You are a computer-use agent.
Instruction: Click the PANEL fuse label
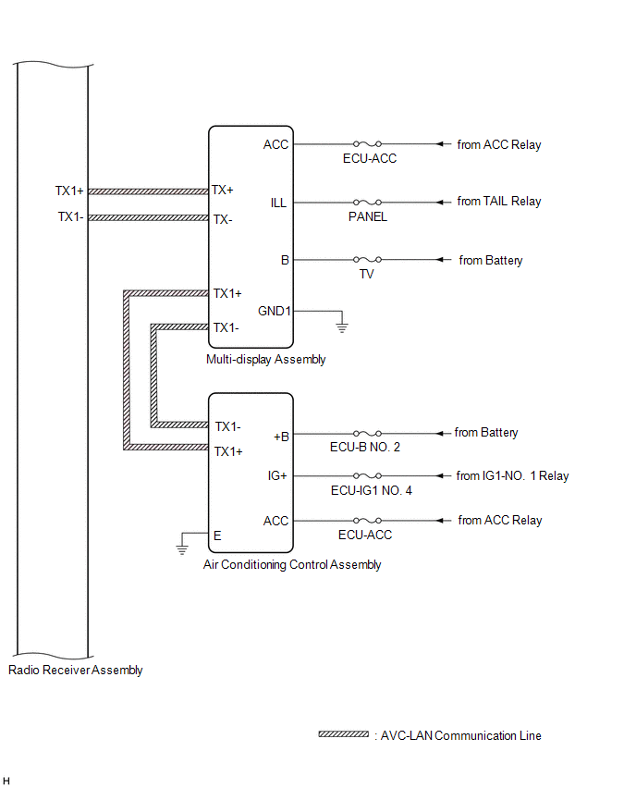pos(367,217)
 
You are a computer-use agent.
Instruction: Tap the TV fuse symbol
pos(367,261)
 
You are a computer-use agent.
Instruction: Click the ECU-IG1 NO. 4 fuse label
pos(371,490)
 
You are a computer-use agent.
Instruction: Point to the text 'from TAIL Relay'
pos(499,201)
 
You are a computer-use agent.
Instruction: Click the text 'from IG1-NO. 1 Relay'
pos(512,476)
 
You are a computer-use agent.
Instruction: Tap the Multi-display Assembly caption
pos(266,360)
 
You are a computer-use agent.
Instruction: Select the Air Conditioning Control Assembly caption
pos(292,565)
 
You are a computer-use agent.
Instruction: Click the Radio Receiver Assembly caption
pos(75,671)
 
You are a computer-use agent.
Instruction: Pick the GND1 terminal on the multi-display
pos(275,312)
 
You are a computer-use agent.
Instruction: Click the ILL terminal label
pos(278,203)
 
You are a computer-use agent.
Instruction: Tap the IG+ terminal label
pos(277,476)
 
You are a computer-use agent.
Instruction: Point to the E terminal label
pos(217,535)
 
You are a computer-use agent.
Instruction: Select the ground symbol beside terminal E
pos(182,549)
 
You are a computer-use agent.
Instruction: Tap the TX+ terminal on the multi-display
pos(223,190)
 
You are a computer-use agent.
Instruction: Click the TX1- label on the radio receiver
pos(69,217)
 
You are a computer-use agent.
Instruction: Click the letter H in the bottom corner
pos(6,782)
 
